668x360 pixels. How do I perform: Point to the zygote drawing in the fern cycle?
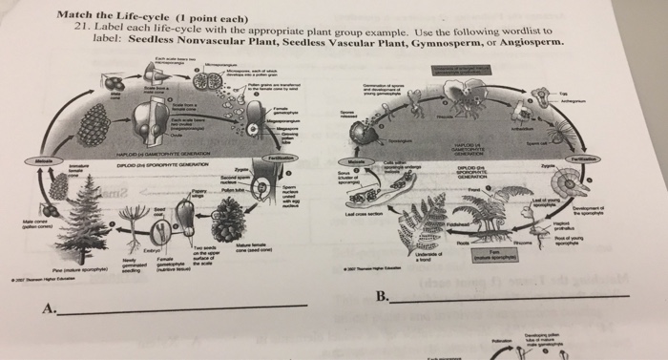click(595, 182)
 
